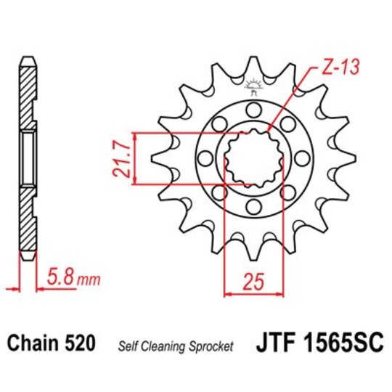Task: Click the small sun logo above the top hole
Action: coord(253,86)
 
